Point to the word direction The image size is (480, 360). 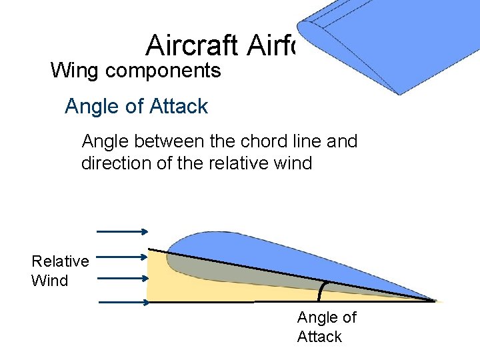(x=115, y=163)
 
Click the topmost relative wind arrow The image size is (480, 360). (x=123, y=231)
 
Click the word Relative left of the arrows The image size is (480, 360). (x=60, y=261)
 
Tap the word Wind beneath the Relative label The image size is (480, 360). (x=49, y=280)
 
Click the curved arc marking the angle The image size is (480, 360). (x=322, y=291)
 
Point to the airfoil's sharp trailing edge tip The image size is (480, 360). (x=435, y=301)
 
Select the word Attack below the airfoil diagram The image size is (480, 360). (x=319, y=337)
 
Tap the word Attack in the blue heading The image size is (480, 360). (x=181, y=106)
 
